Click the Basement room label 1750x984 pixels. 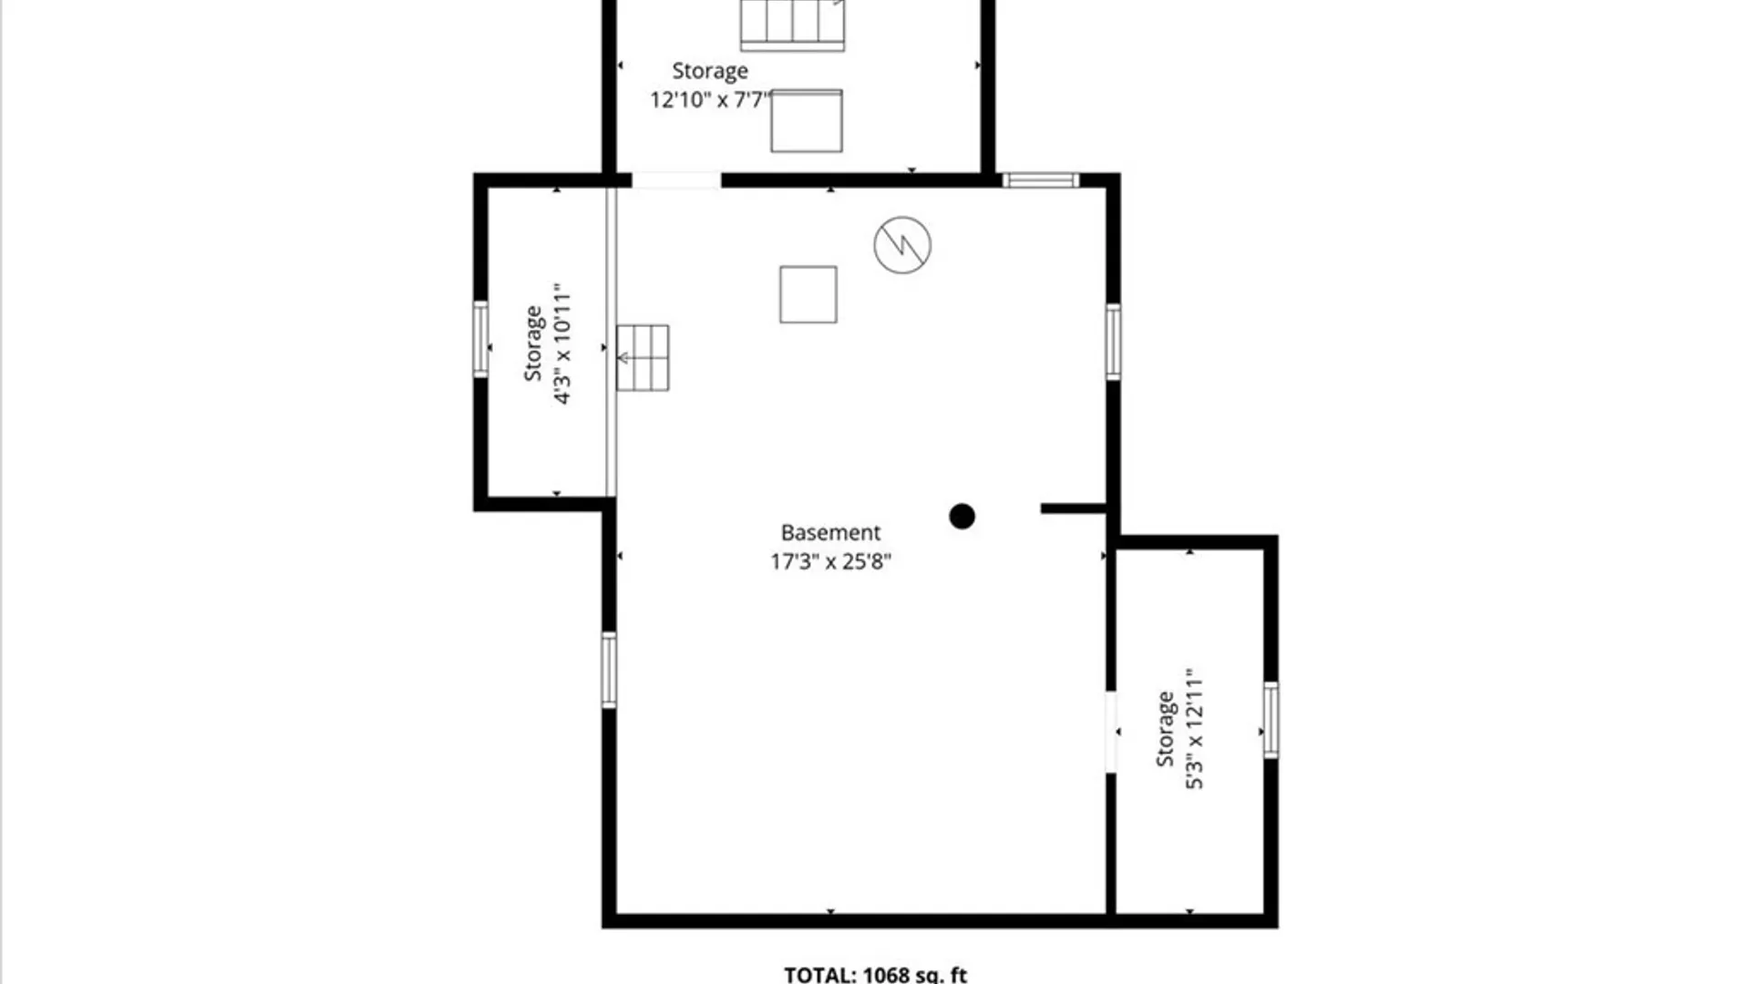point(830,532)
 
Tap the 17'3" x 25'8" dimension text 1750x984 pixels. point(830,561)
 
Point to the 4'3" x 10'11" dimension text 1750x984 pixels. point(561,343)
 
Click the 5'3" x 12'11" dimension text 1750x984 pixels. point(1194,728)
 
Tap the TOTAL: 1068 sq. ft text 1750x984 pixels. point(875,974)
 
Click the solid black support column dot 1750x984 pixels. point(962,517)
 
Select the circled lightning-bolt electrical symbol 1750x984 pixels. point(902,245)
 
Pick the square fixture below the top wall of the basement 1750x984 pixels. point(808,294)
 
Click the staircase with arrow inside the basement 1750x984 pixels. point(643,358)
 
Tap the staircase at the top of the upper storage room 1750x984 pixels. point(792,25)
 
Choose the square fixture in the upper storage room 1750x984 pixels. point(807,121)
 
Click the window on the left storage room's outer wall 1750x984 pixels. point(480,339)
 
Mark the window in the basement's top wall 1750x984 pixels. point(1041,180)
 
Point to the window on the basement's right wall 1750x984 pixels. point(1113,342)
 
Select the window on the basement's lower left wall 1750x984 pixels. point(609,670)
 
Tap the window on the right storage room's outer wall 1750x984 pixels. point(1271,720)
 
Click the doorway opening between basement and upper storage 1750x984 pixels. point(676,180)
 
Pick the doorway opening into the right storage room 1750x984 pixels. point(1111,733)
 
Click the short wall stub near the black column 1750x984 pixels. point(1074,508)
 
